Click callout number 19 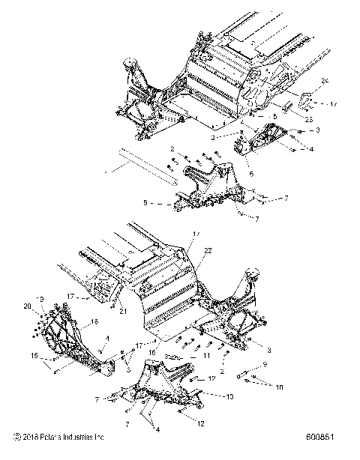tap(42, 297)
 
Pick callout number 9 tap(264, 364)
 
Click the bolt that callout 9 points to tap(248, 375)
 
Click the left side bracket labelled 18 tap(71, 337)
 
